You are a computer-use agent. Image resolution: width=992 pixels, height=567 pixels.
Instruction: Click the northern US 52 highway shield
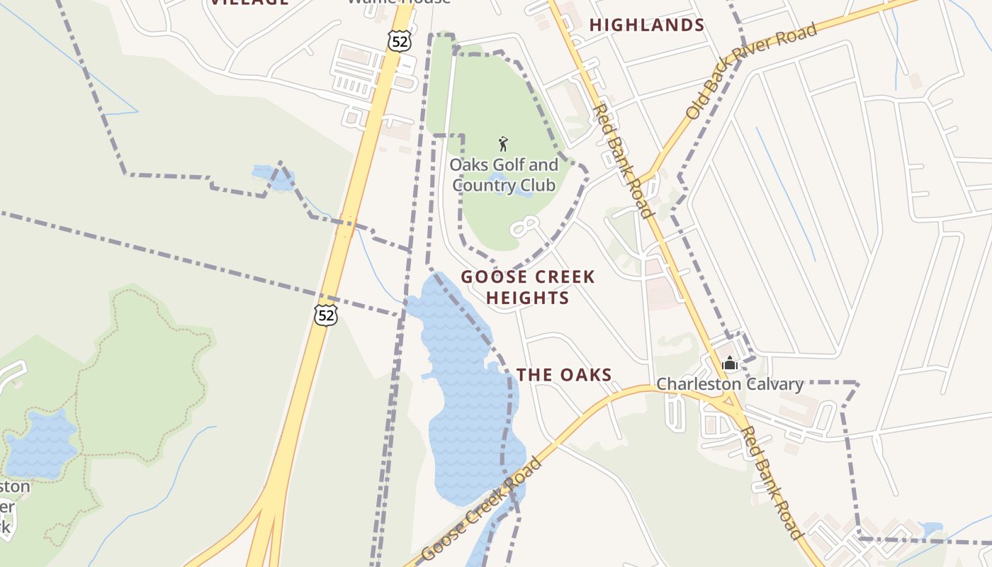coord(400,41)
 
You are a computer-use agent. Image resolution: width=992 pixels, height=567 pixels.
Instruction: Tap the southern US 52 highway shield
coord(326,315)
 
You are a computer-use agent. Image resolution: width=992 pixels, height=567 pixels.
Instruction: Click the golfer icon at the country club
coord(503,144)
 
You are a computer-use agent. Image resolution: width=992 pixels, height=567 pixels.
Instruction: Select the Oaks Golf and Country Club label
coord(505,175)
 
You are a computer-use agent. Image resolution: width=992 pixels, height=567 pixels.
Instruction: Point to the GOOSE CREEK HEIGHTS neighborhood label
coord(528,287)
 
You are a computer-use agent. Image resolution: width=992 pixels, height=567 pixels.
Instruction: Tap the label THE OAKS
coord(564,375)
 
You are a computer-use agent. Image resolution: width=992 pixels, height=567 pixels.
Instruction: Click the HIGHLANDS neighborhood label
coord(647,26)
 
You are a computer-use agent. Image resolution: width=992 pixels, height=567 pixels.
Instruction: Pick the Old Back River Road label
coord(751,71)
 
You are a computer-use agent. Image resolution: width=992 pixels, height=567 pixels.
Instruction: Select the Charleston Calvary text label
coord(730,384)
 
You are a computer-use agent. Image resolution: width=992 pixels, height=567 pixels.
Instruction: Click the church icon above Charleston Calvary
coord(730,364)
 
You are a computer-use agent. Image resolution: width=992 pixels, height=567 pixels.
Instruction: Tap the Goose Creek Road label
coord(482,510)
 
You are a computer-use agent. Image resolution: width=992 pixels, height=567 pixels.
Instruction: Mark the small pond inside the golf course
coord(505,189)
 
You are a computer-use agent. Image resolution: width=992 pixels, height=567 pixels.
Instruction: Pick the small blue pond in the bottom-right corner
coord(930,529)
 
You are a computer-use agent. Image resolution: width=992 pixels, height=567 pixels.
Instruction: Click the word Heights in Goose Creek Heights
coord(528,298)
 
